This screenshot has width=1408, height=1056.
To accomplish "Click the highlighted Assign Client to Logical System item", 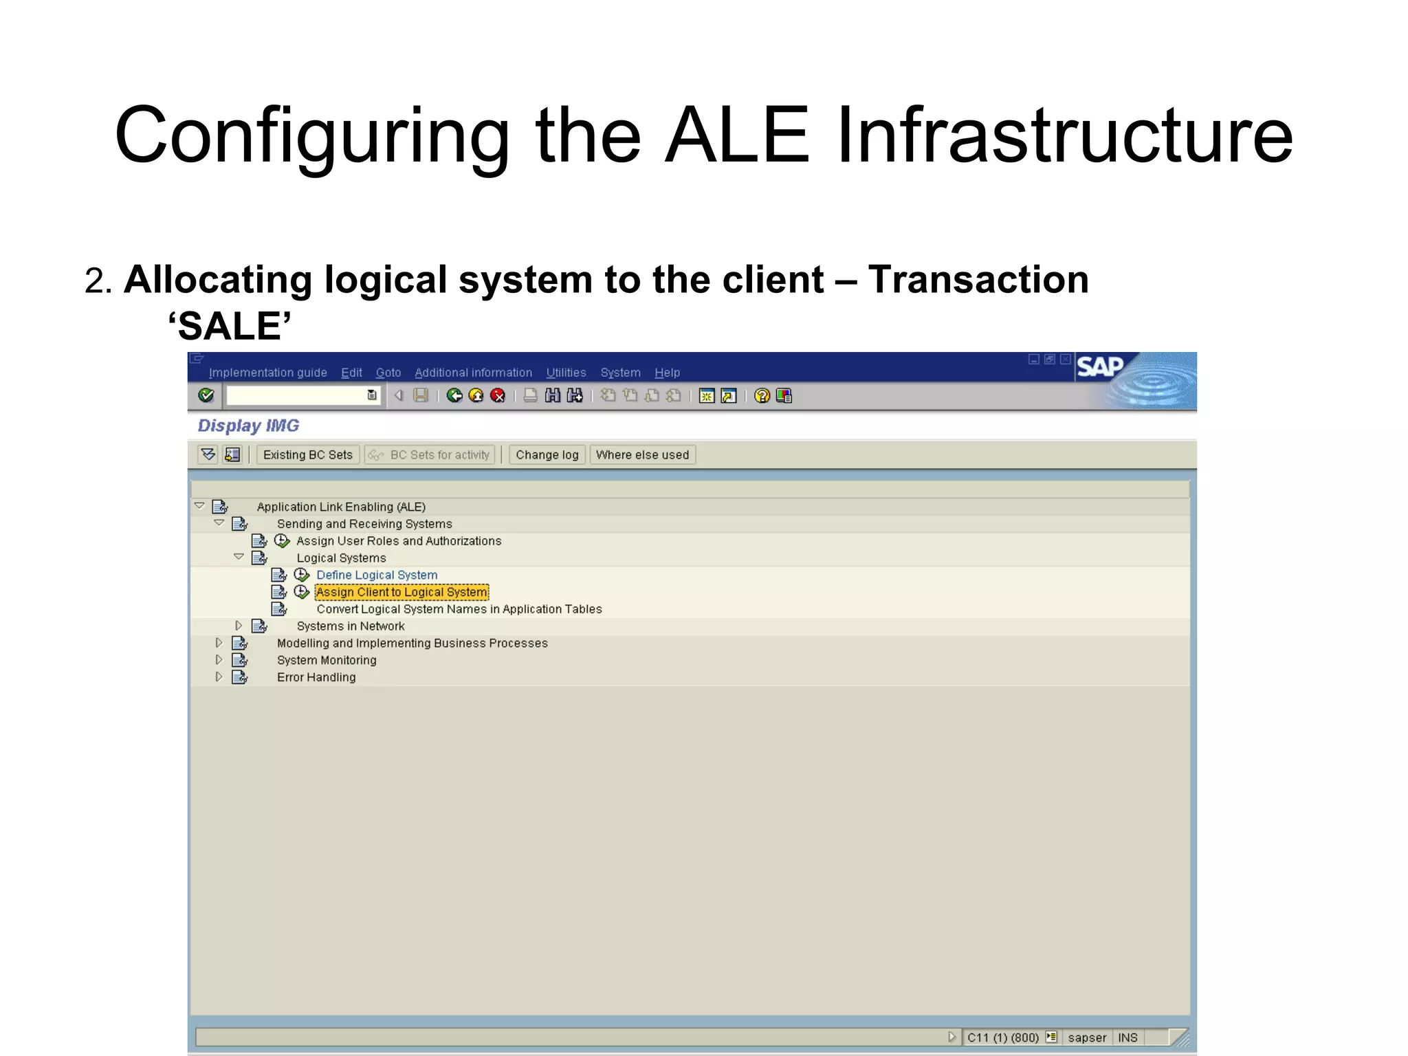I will pyautogui.click(x=401, y=592).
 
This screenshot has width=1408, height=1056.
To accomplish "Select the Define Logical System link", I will pyautogui.click(x=377, y=575).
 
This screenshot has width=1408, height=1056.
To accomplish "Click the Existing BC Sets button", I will pyautogui.click(x=307, y=454).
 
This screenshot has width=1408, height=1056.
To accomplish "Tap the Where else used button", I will pyautogui.click(x=642, y=454).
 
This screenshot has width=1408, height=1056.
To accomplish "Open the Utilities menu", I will pyautogui.click(x=566, y=373).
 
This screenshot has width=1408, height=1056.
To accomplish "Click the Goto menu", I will pyautogui.click(x=388, y=373).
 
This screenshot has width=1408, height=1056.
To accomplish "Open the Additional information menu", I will pyautogui.click(x=473, y=373).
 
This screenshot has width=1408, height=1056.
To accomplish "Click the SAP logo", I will pyautogui.click(x=1099, y=367).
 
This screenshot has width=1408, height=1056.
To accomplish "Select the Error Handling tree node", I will pyautogui.click(x=316, y=677).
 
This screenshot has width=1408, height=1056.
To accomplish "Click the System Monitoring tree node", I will pyautogui.click(x=327, y=660).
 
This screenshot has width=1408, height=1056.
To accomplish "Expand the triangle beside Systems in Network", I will pyautogui.click(x=239, y=626).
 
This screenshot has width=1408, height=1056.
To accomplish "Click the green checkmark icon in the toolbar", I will pyautogui.click(x=206, y=395).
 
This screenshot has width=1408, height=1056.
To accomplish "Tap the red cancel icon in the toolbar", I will pyautogui.click(x=498, y=395).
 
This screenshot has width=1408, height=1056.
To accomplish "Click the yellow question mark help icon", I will pyautogui.click(x=762, y=395).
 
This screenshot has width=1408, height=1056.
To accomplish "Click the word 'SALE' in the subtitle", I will pyautogui.click(x=230, y=326).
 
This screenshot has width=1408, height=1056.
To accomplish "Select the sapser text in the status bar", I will pyautogui.click(x=1087, y=1037).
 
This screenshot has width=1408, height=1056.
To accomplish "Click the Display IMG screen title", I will pyautogui.click(x=248, y=426).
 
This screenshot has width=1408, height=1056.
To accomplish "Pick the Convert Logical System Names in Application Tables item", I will pyautogui.click(x=459, y=609).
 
